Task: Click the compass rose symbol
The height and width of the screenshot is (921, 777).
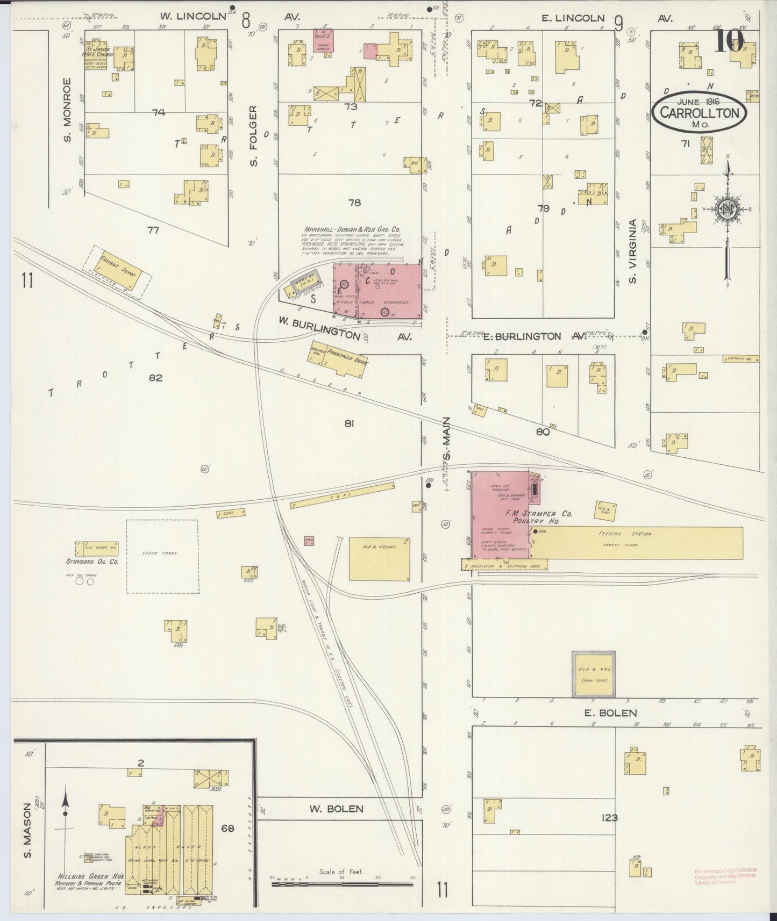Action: pos(727,211)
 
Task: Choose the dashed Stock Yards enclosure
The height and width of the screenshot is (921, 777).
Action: pos(161,556)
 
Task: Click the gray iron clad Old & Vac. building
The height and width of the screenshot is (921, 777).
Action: pos(594,674)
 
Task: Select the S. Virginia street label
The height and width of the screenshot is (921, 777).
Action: pos(633,251)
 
